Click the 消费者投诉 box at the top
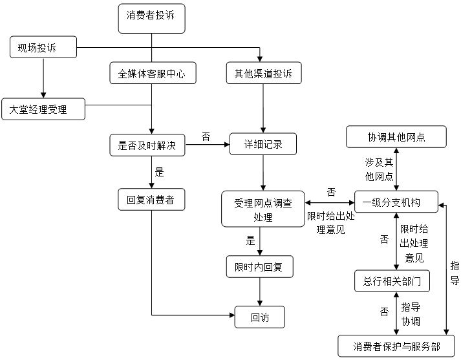click(151, 17)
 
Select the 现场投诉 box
click(43, 47)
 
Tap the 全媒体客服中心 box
click(152, 74)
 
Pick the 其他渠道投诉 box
click(263, 74)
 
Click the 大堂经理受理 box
click(43, 109)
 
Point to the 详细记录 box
click(263, 145)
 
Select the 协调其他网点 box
click(396, 137)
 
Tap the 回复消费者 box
click(151, 199)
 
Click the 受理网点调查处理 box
click(263, 209)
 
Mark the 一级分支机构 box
click(396, 202)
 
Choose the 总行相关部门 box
click(392, 281)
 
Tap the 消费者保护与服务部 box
click(396, 346)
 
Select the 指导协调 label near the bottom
click(411, 313)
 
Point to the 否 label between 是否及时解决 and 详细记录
click(206, 136)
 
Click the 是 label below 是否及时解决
click(159, 172)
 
